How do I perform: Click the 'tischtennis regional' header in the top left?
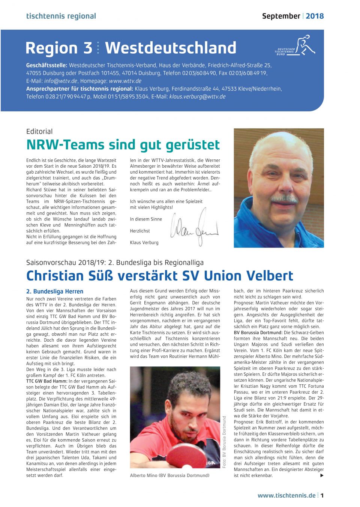pyautogui.click(x=61, y=16)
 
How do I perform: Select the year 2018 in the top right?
pyautogui.click(x=315, y=16)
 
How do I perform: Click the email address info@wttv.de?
pyautogui.click(x=61, y=81)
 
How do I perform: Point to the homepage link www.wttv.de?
pyautogui.click(x=125, y=81)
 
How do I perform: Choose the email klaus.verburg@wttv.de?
pyautogui.click(x=197, y=97)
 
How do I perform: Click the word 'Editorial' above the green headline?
pyautogui.click(x=39, y=131)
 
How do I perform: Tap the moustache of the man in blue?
pyautogui.click(x=284, y=198)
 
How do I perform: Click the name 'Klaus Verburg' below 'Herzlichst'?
pyautogui.click(x=144, y=243)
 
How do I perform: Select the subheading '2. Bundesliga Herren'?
pyautogui.click(x=55, y=291)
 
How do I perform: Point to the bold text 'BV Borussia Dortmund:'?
pyautogui.click(x=258, y=333)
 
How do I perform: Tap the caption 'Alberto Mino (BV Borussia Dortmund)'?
pyautogui.click(x=169, y=475)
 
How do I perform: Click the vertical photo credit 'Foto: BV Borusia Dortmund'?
pyautogui.click(x=224, y=442)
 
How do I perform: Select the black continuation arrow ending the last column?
pyautogui.click(x=321, y=475)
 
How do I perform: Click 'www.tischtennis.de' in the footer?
pyautogui.click(x=286, y=495)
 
